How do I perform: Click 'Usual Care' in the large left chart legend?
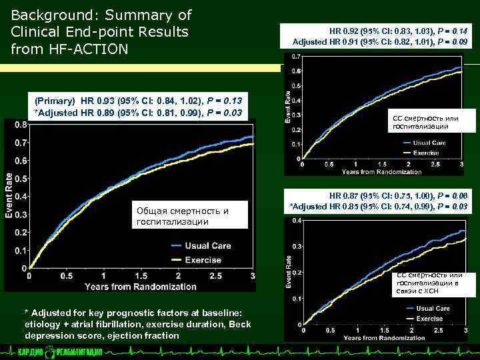click(x=208, y=245)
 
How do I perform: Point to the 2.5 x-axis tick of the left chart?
click(x=215, y=276)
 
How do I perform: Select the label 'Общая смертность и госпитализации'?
click(x=181, y=216)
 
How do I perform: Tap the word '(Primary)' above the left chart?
click(x=55, y=101)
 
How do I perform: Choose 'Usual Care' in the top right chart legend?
click(x=429, y=143)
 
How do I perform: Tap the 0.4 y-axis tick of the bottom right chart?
click(x=296, y=221)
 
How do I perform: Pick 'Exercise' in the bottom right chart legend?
click(x=429, y=319)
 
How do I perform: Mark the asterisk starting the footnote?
click(x=26, y=313)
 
